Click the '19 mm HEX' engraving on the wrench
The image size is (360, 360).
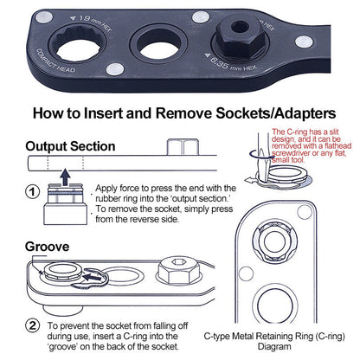click(90, 22)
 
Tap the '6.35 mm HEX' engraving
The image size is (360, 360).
click(230, 63)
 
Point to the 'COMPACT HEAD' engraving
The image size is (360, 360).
click(55, 61)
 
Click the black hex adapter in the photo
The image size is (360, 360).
click(241, 37)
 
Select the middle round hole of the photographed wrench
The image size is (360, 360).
click(159, 44)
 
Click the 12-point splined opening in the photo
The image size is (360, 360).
click(77, 44)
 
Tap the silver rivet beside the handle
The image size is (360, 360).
click(304, 42)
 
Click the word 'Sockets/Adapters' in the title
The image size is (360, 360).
click(276, 113)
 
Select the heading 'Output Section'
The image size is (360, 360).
click(70, 146)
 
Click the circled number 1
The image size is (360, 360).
click(33, 192)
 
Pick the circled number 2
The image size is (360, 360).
click(33, 325)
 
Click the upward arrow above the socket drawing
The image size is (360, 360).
click(66, 177)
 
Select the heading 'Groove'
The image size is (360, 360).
click(47, 247)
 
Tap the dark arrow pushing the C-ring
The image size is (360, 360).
click(93, 277)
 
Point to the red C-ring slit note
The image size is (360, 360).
click(312, 146)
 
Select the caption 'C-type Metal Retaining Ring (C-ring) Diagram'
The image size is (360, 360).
click(274, 341)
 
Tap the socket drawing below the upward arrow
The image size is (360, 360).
click(65, 204)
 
